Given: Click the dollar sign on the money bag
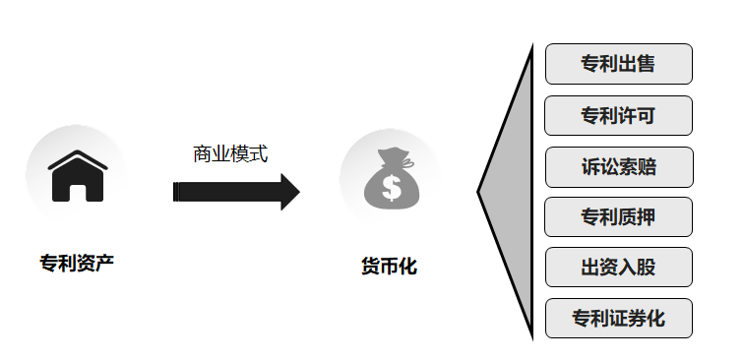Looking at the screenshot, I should click(392, 186).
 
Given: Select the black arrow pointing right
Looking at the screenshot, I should click(236, 192).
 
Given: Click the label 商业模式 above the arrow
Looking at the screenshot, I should click(230, 154).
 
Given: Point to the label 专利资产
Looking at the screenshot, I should click(77, 263).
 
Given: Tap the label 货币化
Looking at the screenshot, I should click(390, 266).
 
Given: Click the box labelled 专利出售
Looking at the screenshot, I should click(618, 65).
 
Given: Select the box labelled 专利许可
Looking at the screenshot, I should click(618, 116).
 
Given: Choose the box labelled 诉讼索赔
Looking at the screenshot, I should click(618, 166).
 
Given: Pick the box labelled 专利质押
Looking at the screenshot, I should click(618, 217).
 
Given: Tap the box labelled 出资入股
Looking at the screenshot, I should click(618, 268).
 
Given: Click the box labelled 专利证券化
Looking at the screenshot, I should click(618, 319).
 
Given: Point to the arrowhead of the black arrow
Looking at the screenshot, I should click(289, 192).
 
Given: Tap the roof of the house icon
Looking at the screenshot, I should click(77, 160).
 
